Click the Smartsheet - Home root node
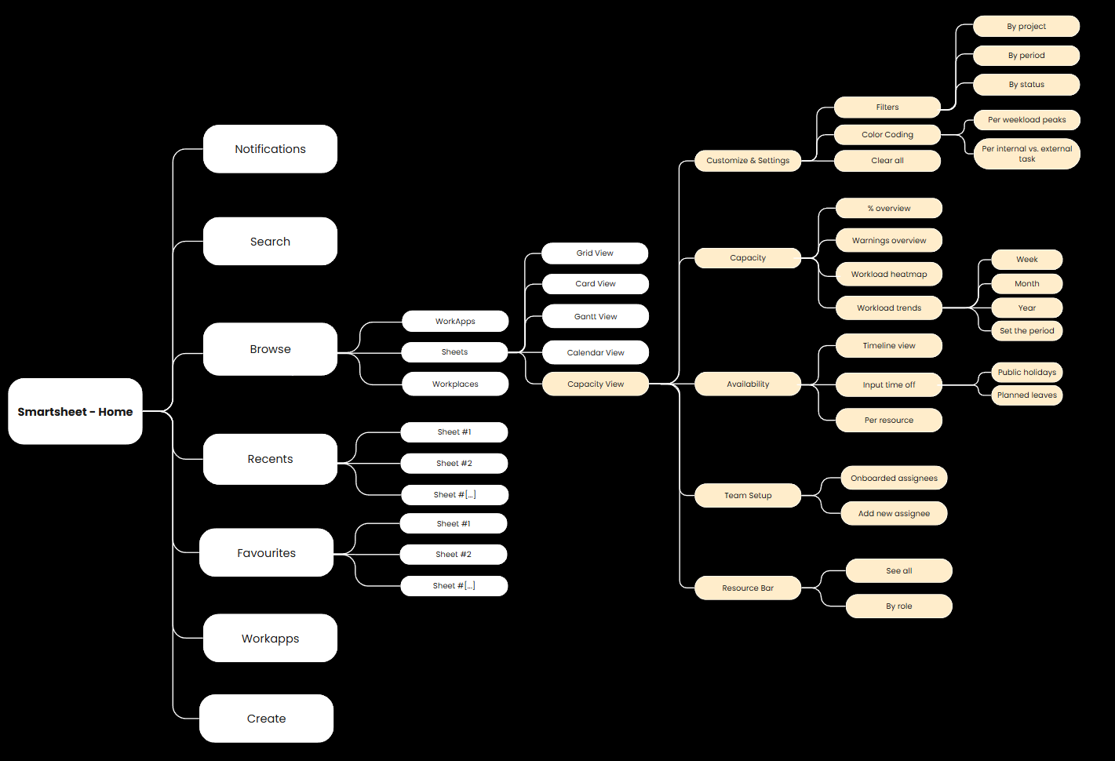75,412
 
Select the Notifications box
270,149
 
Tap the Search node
270,242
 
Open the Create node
266,719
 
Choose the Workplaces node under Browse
455,384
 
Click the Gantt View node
596,317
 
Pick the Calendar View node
596,353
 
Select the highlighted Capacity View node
596,384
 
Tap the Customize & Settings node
748,161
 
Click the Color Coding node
887,135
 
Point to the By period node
1026,56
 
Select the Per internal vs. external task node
1026,154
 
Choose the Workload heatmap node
889,275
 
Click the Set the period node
1026,331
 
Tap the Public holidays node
1026,373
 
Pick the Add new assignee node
894,514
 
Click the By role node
898,606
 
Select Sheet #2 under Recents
454,464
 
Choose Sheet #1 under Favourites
454,524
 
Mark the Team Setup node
748,496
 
